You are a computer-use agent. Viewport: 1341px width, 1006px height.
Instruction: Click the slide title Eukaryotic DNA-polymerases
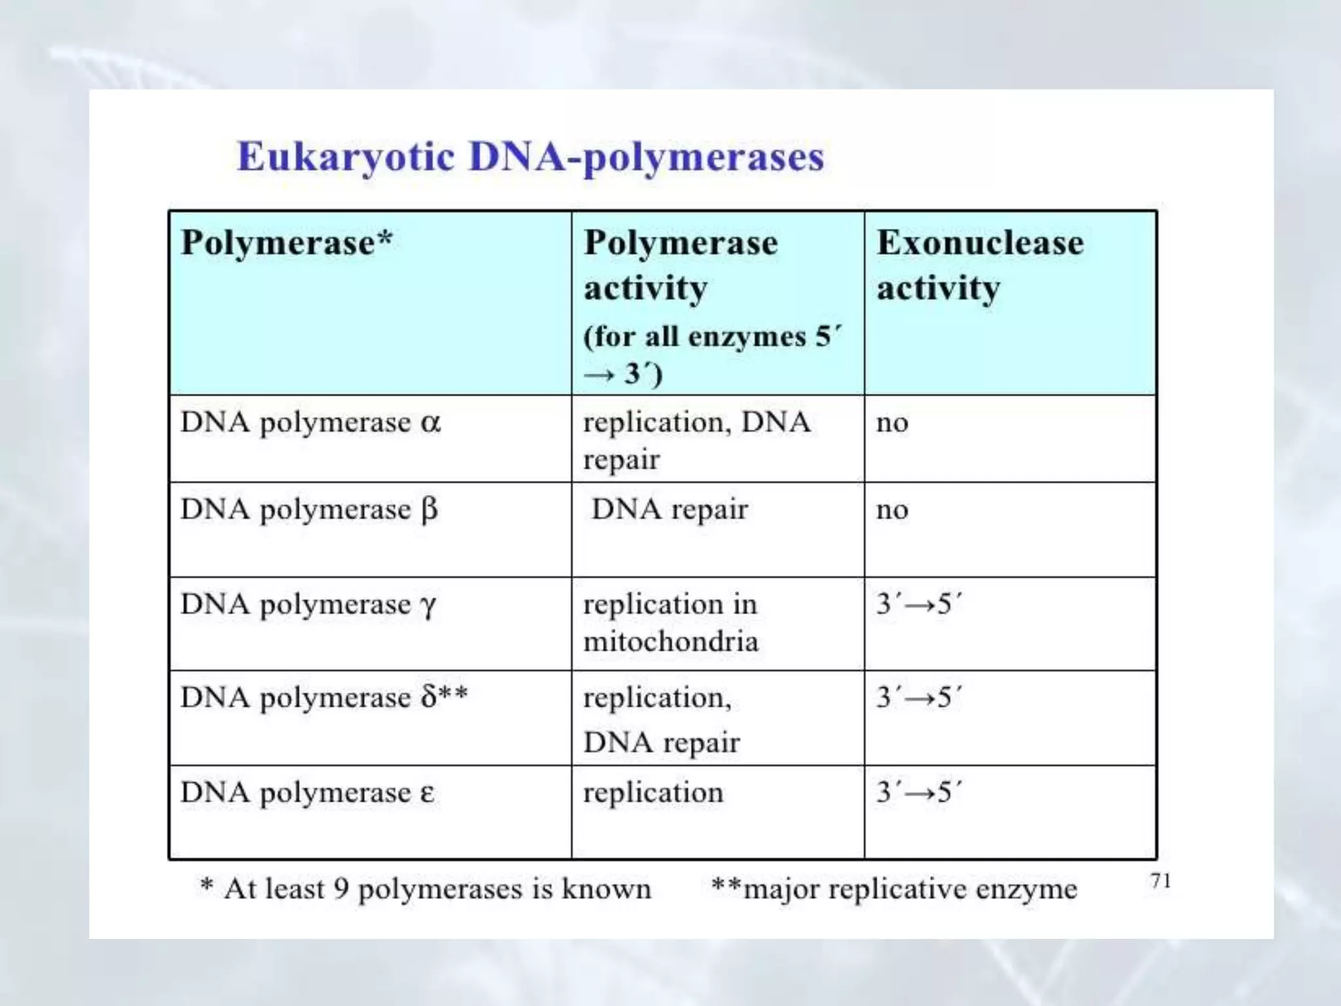pyautogui.click(x=530, y=157)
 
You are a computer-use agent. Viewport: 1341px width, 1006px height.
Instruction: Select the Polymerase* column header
pyautogui.click(x=287, y=243)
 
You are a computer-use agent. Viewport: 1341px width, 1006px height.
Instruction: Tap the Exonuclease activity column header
pyautogui.click(x=980, y=265)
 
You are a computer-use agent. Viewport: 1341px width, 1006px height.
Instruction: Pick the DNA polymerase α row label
pyautogui.click(x=310, y=423)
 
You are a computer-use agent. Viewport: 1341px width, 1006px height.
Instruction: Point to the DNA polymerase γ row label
pyautogui.click(x=308, y=605)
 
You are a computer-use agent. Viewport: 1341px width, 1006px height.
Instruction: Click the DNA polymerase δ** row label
pyautogui.click(x=324, y=698)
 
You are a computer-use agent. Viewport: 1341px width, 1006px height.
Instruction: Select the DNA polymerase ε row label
pyautogui.click(x=307, y=792)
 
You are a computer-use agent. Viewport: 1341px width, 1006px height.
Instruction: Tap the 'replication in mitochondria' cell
pyautogui.click(x=670, y=622)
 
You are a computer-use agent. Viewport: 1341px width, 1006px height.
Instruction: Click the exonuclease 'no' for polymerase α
pyautogui.click(x=892, y=423)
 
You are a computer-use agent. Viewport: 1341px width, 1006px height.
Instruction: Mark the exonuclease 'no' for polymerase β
pyautogui.click(x=892, y=510)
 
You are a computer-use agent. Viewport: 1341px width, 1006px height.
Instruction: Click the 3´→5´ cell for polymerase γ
pyautogui.click(x=919, y=604)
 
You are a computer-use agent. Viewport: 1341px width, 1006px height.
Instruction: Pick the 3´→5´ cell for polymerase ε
pyautogui.click(x=919, y=792)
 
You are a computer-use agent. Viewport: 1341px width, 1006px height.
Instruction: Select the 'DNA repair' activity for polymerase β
pyautogui.click(x=669, y=510)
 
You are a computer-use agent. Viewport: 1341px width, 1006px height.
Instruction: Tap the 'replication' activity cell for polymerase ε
pyautogui.click(x=653, y=793)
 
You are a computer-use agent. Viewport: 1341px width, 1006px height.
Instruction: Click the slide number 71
pyautogui.click(x=1160, y=882)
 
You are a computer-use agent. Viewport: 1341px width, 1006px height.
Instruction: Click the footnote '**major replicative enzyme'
pyautogui.click(x=894, y=889)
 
